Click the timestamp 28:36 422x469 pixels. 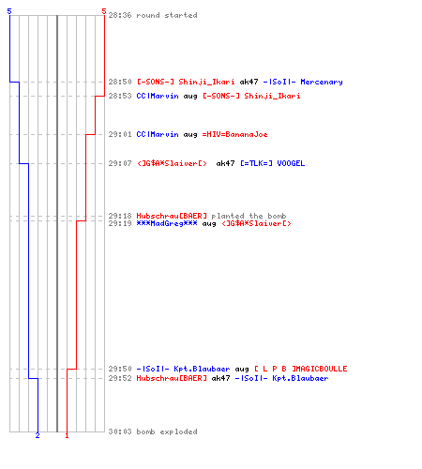pyautogui.click(x=120, y=15)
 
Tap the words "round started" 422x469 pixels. pyautogui.click(x=167, y=15)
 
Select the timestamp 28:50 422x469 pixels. pyautogui.click(x=120, y=82)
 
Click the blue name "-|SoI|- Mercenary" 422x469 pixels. pyautogui.click(x=303, y=82)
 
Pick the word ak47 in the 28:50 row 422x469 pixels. pyautogui.click(x=249, y=82)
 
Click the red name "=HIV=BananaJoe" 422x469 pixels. pyautogui.click(x=234, y=134)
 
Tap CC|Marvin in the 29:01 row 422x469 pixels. pyautogui.click(x=158, y=134)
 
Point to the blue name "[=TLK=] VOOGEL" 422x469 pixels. pyautogui.click(x=273, y=163)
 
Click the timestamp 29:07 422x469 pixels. pyautogui.click(x=120, y=163)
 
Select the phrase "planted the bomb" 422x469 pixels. pyautogui.click(x=249, y=216)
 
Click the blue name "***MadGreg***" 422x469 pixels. pyautogui.click(x=167, y=223)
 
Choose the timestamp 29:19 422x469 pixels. pyautogui.click(x=120, y=223)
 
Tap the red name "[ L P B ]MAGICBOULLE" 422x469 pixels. pyautogui.click(x=301, y=369)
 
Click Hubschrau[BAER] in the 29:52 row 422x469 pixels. pyautogui.click(x=172, y=378)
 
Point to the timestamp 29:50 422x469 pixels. pyautogui.click(x=120, y=369)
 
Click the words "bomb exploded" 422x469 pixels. pyautogui.click(x=167, y=431)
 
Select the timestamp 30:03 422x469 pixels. pyautogui.click(x=120, y=431)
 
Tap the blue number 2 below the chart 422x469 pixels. pyautogui.click(x=38, y=435)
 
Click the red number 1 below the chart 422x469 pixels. pyautogui.click(x=67, y=435)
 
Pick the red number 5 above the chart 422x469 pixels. pyautogui.click(x=104, y=11)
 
